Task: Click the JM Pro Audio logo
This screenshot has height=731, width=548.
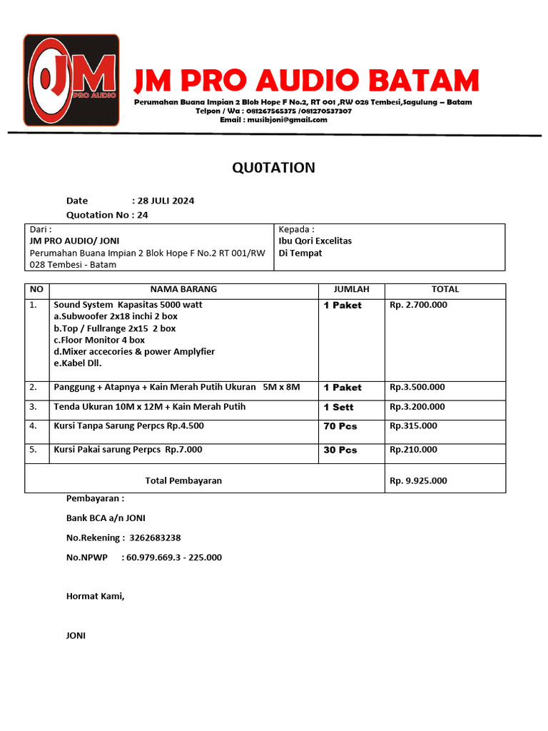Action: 71,80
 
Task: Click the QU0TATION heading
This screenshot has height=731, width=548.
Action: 273,168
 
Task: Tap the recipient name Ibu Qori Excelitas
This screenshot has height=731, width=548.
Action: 315,241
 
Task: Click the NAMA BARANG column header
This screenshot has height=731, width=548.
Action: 183,289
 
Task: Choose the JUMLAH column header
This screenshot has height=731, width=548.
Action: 352,289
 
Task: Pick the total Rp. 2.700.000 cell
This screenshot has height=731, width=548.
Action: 419,305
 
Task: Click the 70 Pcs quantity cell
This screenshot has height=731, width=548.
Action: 340,426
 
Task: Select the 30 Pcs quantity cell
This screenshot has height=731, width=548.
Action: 340,450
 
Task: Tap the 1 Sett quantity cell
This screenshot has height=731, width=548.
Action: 338,407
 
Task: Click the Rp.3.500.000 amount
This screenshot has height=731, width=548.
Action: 417,387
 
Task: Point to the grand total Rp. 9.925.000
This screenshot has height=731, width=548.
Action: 419,480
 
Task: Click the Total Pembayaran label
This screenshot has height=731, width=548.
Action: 183,480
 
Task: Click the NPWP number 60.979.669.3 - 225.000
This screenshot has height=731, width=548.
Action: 173,557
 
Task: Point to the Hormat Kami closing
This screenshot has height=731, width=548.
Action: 95,595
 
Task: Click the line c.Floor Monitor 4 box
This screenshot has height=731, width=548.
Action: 99,340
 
